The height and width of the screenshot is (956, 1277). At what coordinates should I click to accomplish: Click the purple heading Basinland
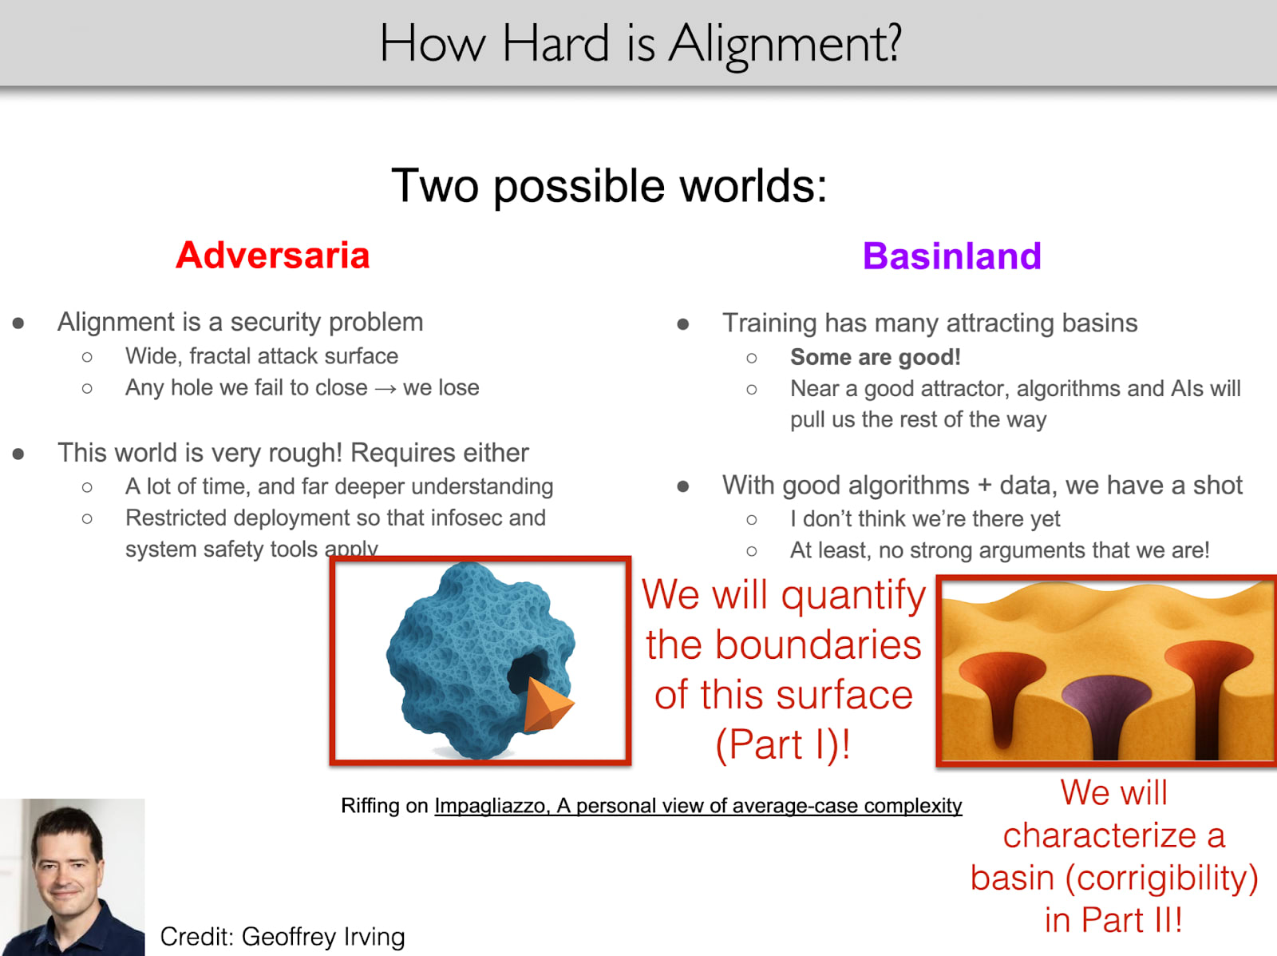pos(952,256)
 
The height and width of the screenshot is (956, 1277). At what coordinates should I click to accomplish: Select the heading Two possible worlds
pos(609,186)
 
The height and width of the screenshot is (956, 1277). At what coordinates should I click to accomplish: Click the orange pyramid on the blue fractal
pos(547,705)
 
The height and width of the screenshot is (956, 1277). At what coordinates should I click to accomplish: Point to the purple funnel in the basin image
pos(1106,714)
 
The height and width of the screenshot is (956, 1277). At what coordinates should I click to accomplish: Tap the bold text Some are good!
pos(875,357)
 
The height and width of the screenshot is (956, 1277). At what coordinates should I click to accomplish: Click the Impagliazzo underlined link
pos(698,806)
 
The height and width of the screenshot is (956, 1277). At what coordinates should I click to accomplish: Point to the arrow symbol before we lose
pos(385,388)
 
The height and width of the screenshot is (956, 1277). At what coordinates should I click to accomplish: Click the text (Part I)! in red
pos(783,744)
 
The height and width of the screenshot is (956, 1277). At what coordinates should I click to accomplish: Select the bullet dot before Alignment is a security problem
pos(18,323)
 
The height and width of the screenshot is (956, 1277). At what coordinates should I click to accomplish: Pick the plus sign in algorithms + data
pos(984,486)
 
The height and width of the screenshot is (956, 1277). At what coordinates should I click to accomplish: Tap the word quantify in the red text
pos(853,596)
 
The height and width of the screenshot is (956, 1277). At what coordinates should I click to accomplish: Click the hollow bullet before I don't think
pos(752,519)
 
